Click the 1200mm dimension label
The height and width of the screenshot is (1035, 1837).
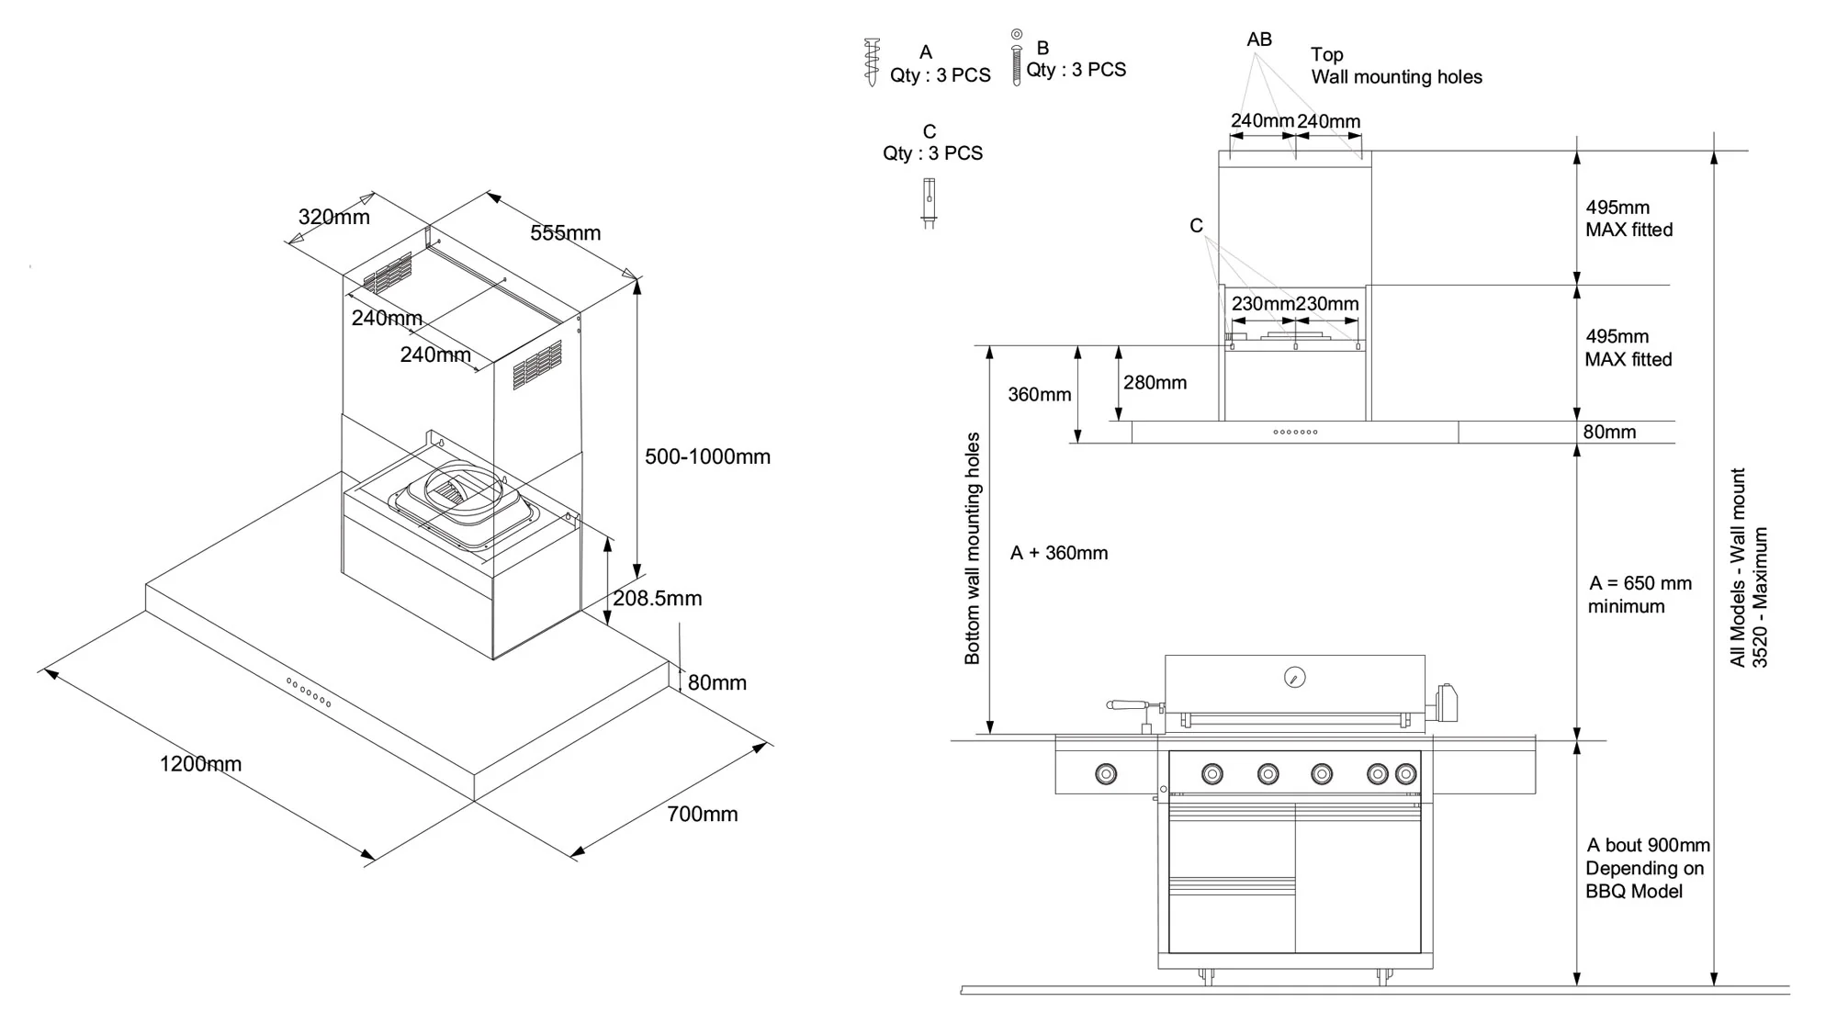point(200,764)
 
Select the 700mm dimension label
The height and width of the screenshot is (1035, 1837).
point(703,815)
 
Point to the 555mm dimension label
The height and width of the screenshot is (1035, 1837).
point(565,233)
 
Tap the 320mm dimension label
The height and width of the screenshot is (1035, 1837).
point(333,218)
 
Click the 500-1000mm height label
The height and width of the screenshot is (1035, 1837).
point(707,457)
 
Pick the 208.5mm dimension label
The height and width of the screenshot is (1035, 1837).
point(657,599)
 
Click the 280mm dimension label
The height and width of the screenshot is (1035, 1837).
point(1155,383)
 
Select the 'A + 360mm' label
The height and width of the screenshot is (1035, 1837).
point(1059,554)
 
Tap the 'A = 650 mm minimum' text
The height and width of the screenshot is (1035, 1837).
point(1640,595)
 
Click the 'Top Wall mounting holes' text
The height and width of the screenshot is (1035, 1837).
point(1396,66)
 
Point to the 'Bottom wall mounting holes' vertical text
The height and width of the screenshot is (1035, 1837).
point(973,548)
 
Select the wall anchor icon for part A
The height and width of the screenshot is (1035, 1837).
point(872,62)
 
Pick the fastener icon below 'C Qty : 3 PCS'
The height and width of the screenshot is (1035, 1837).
point(929,203)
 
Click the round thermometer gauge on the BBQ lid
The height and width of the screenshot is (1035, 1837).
point(1294,678)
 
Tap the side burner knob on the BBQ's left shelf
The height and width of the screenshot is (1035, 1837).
point(1106,774)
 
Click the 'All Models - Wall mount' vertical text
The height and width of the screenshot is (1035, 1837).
point(1738,568)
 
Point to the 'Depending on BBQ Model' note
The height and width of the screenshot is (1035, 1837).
point(1644,880)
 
